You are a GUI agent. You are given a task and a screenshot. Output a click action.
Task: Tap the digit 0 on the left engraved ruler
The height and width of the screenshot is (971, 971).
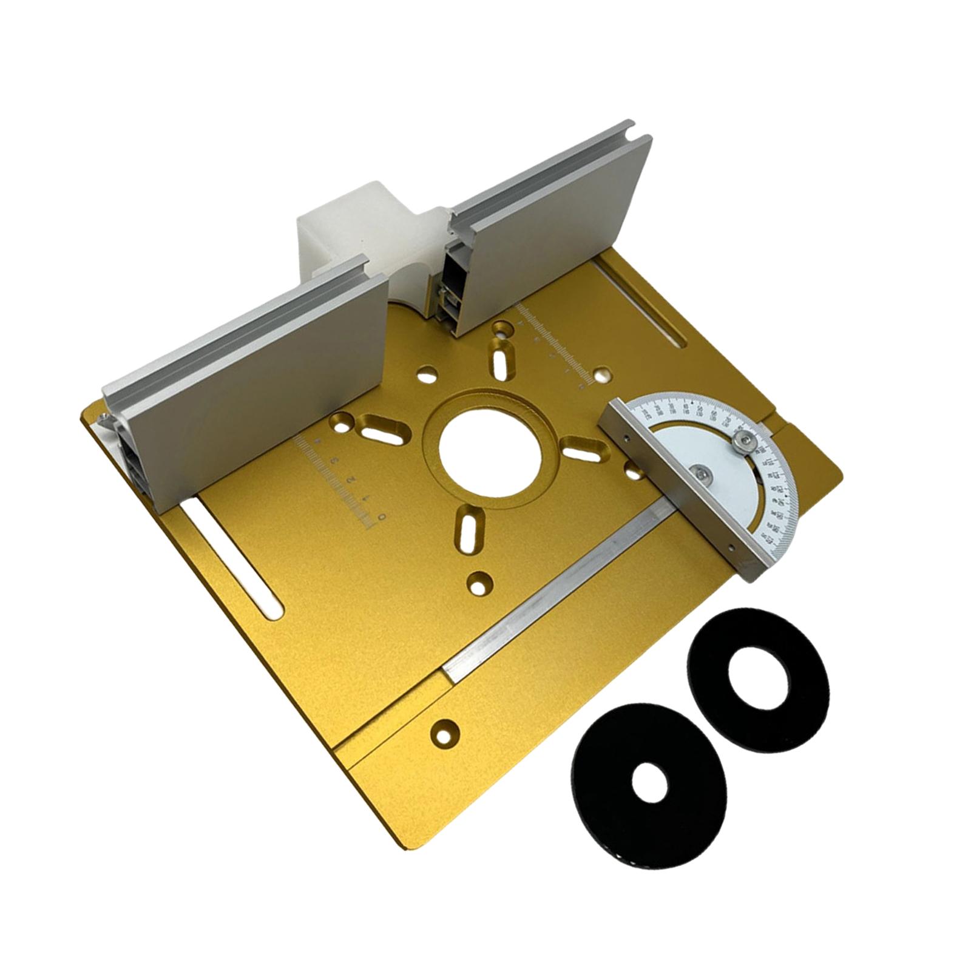381,516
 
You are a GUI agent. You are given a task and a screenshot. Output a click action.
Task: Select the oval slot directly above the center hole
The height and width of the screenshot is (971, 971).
501,364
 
